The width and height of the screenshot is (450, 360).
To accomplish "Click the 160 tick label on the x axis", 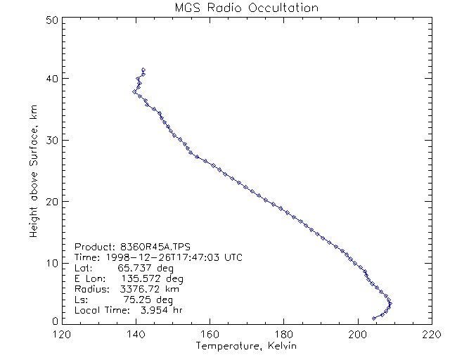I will click(x=210, y=334).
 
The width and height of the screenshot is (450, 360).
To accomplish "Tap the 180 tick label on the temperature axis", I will click(x=283, y=334).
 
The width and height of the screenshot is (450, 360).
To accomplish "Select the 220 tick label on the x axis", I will click(x=431, y=334).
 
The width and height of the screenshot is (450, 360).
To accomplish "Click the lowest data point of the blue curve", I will click(x=374, y=319).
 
